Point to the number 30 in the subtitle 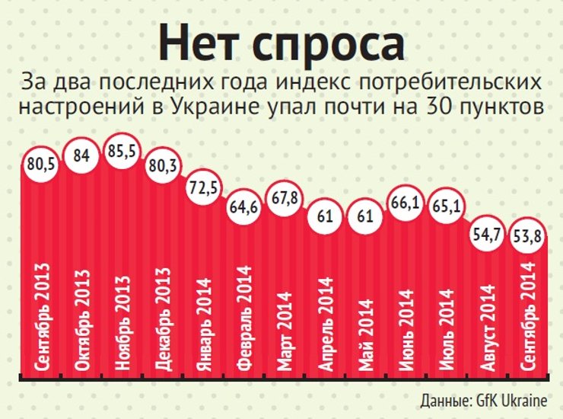441,107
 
